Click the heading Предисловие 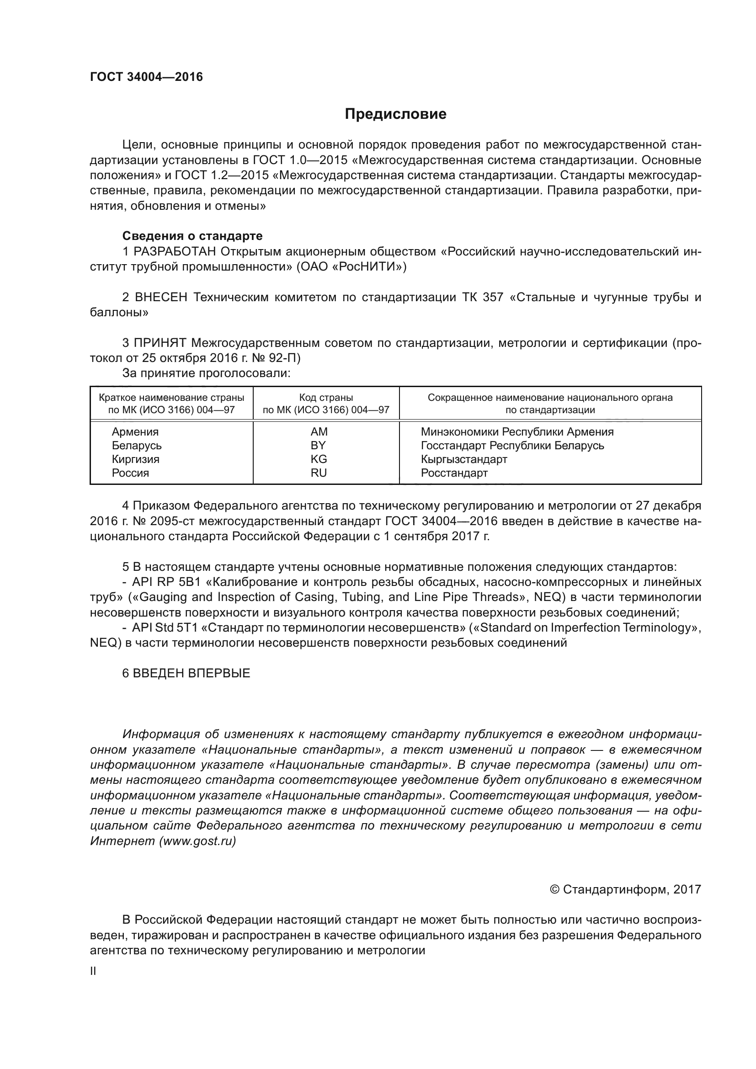[x=395, y=114]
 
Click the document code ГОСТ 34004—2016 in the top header [x=146, y=77]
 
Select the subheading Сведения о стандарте [x=192, y=236]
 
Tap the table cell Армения [x=135, y=431]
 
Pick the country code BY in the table [x=319, y=445]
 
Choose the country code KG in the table [x=319, y=459]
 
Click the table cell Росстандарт [x=454, y=473]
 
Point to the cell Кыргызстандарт [x=463, y=459]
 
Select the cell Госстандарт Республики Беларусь [x=512, y=445]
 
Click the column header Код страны [x=326, y=398]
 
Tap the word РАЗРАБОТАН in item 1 [x=175, y=251]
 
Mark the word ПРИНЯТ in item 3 [x=160, y=343]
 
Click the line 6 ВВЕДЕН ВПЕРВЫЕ [x=186, y=673]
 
